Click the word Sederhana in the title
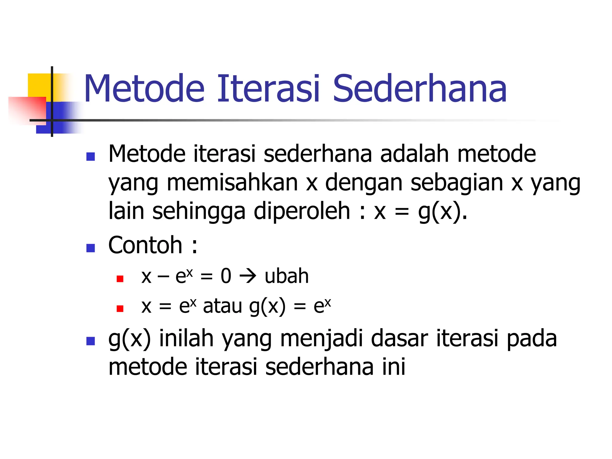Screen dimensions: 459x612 coord(420,89)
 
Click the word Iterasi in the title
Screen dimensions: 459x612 coord(268,89)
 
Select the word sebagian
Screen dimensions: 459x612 coord(457,183)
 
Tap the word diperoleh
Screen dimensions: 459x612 coord(302,211)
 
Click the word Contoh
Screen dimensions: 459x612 coord(145,245)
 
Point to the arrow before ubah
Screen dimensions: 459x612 coord(248,276)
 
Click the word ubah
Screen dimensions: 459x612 coord(287,276)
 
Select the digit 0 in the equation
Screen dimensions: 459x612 coord(226,276)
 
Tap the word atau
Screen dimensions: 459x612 coord(222,306)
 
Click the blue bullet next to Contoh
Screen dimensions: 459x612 coord(91,248)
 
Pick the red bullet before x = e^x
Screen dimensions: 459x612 coord(120,308)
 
